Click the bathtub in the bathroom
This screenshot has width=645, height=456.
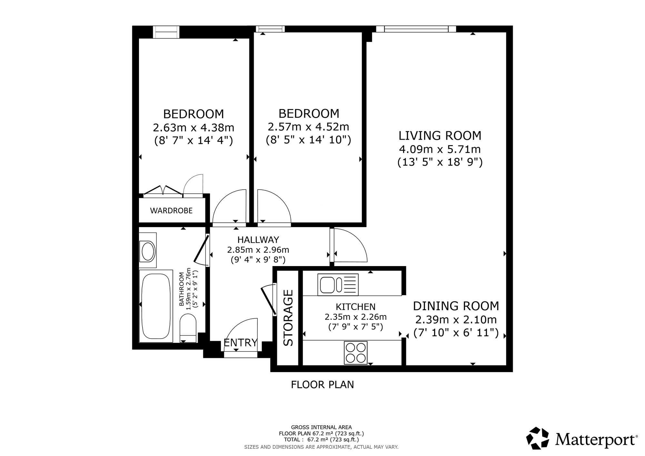coord(156,306)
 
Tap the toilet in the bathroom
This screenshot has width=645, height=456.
coord(188,328)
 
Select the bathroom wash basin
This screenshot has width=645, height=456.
coord(148,250)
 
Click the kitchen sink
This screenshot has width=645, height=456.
coord(338,284)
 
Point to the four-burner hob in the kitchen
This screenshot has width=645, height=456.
coord(356,352)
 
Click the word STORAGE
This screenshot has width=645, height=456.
coord(288,318)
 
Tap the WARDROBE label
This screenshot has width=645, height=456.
coord(171,211)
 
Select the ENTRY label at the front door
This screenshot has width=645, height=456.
coord(241,342)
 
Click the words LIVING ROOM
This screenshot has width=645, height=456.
coord(440,136)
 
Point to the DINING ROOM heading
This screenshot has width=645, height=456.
coord(456,306)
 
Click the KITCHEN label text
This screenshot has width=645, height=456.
coord(356,306)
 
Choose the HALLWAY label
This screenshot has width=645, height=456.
coord(258,240)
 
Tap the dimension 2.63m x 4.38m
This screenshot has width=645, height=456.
coord(193,128)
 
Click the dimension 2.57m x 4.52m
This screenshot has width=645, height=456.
coord(308,126)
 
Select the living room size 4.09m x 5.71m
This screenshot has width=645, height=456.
coord(440,149)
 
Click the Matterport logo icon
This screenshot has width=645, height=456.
coord(538,438)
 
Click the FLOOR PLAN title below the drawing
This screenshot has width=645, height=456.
coord(322,385)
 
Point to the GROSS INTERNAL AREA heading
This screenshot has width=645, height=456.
coord(322,427)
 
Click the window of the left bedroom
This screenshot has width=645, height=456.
coord(166,32)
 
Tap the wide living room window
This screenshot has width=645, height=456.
coord(416,29)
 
